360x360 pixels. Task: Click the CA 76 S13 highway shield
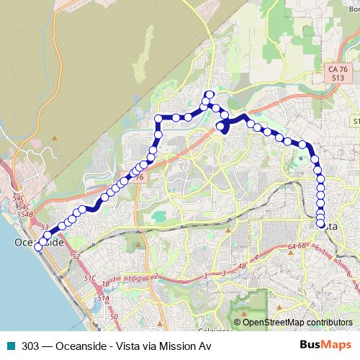(334, 73)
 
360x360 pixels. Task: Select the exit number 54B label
(27, 214)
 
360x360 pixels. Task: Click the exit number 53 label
(45, 228)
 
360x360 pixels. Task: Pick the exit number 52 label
(75, 256)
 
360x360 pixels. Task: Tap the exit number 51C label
(89, 277)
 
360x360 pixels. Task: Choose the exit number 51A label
(103, 297)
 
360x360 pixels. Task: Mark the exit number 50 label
(114, 316)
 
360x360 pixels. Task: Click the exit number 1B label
(106, 283)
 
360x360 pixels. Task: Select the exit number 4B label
(241, 266)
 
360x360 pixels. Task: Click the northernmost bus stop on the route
(210, 94)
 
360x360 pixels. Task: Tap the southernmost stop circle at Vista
(320, 223)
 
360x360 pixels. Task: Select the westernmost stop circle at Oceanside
(38, 242)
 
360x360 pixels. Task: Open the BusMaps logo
(325, 346)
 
